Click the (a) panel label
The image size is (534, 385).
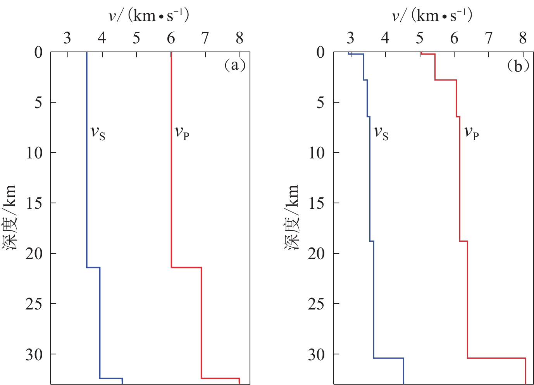pyautogui.click(x=235, y=65)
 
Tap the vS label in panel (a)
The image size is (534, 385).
pyautogui.click(x=98, y=132)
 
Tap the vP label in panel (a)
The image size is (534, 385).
pyautogui.click(x=182, y=132)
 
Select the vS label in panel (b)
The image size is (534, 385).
pyautogui.click(x=381, y=132)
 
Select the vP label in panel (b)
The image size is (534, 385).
pyautogui.click(x=471, y=132)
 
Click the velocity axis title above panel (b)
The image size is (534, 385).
pyautogui.click(x=432, y=16)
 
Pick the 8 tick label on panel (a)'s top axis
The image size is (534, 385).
pyautogui.click(x=239, y=38)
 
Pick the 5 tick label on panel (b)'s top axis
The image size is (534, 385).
pyautogui.click(x=420, y=38)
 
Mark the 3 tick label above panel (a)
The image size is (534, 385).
pyautogui.click(x=67, y=38)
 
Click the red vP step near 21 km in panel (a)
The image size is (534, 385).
pyautogui.click(x=186, y=267)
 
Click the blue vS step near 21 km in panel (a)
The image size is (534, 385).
pyautogui.click(x=93, y=267)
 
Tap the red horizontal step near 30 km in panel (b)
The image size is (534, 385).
pyautogui.click(x=496, y=358)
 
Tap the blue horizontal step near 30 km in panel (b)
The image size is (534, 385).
pyautogui.click(x=388, y=358)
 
